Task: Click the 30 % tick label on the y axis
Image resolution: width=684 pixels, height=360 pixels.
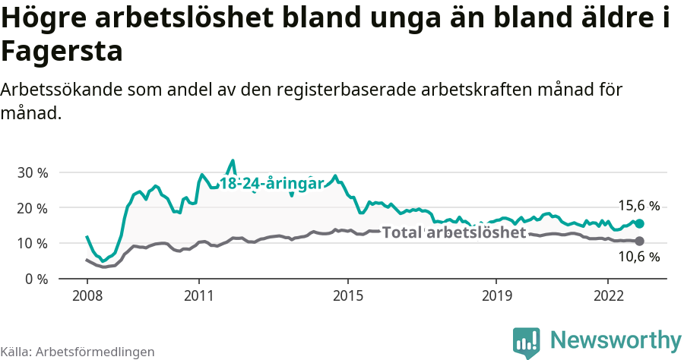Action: click(x=33, y=172)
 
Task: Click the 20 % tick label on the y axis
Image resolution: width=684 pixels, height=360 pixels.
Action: click(x=33, y=208)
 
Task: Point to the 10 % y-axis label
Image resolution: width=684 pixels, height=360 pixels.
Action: click(x=33, y=243)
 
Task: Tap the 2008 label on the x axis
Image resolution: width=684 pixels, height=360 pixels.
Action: click(x=87, y=295)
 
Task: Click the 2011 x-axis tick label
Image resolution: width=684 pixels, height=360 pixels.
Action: click(x=198, y=295)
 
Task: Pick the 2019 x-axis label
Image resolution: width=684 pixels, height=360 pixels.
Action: click(x=496, y=295)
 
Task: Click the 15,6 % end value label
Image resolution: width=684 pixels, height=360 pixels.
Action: click(x=638, y=206)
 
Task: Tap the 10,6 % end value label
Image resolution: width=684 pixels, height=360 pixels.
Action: click(x=638, y=257)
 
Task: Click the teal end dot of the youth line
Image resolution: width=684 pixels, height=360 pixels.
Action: click(x=640, y=223)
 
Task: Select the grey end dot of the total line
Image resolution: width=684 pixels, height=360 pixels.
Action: click(x=640, y=241)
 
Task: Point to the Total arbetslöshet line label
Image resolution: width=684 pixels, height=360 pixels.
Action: click(x=454, y=232)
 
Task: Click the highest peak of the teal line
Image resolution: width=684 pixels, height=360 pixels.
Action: click(x=233, y=160)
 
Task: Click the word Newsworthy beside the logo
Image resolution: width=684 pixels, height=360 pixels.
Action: click(x=616, y=339)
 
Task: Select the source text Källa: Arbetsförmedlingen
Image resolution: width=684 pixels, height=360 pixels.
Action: click(x=78, y=352)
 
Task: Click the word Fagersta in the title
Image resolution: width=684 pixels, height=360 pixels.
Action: click(x=62, y=52)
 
